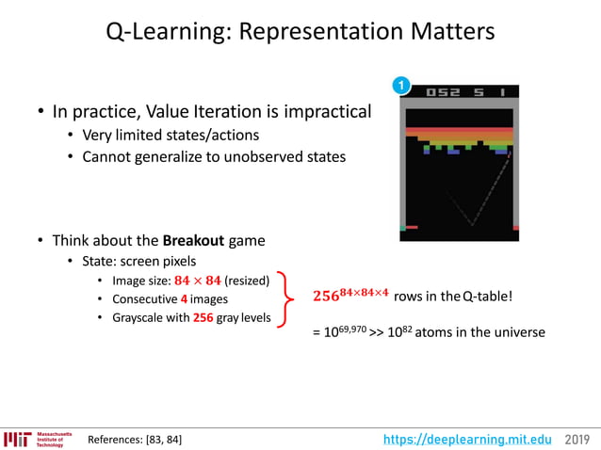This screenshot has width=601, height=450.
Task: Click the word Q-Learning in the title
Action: point(163,32)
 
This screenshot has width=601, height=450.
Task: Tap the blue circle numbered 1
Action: point(402,87)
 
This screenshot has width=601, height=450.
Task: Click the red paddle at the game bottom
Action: point(412,227)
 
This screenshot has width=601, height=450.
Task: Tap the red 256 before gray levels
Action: point(203,317)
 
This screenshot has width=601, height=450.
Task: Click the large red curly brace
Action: point(288,298)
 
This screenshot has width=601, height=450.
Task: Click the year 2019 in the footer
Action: point(578,439)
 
